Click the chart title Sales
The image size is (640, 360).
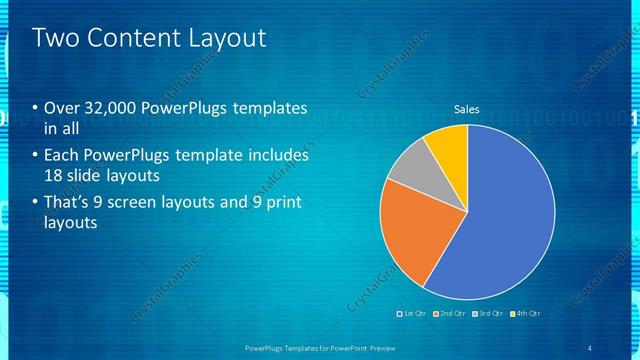coord(467,108)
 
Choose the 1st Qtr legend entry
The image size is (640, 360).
coord(414,313)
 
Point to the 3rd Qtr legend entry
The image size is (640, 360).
coord(490,313)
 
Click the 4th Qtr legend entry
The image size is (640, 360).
coord(526,313)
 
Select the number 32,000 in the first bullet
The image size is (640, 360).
coord(109,108)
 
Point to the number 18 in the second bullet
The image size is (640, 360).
coord(54,175)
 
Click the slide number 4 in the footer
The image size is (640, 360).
coord(590,347)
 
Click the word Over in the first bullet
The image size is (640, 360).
coord(61,108)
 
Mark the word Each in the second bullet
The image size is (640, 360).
coord(61,156)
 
